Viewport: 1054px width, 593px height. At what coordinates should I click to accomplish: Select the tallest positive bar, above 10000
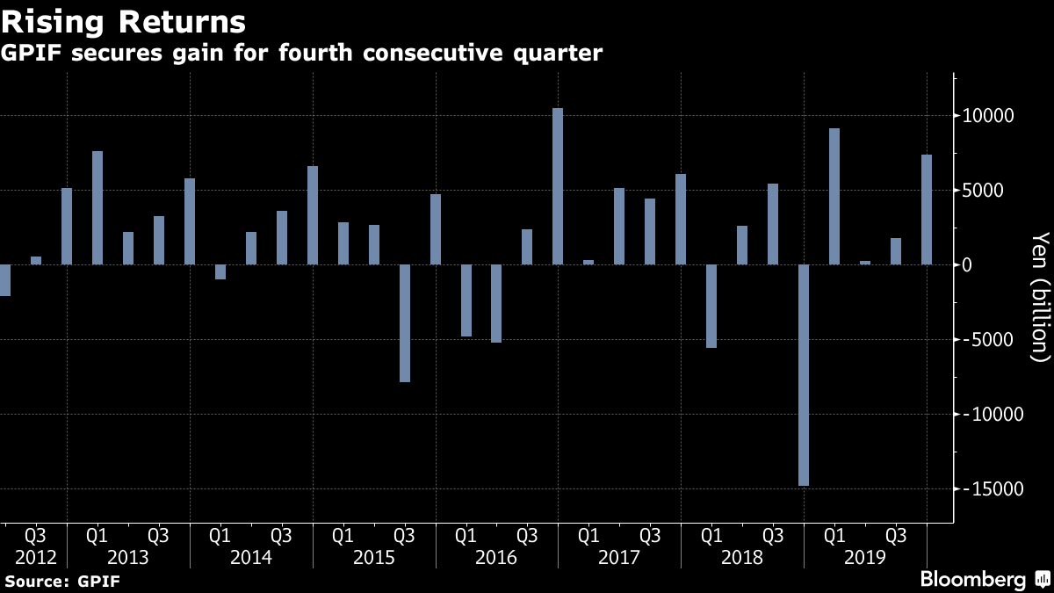(x=558, y=186)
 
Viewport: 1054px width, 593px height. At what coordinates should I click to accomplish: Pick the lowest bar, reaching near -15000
(x=804, y=375)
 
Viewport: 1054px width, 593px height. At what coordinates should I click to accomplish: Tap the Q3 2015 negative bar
(x=405, y=323)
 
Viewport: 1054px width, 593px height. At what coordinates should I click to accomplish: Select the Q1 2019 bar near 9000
(x=834, y=197)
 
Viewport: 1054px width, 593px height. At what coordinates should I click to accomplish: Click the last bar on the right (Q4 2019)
(x=927, y=210)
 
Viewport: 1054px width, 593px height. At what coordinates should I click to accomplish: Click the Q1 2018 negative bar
(x=711, y=306)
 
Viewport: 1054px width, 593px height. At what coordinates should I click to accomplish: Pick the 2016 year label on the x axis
(x=496, y=558)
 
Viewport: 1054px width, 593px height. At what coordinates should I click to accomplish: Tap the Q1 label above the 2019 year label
(x=835, y=535)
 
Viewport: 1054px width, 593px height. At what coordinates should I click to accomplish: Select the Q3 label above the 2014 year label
(x=281, y=535)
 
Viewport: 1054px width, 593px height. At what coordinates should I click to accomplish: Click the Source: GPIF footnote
(x=62, y=581)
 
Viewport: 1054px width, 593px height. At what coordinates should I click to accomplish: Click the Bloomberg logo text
(x=972, y=579)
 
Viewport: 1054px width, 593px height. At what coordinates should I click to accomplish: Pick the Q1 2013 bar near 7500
(x=97, y=208)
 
